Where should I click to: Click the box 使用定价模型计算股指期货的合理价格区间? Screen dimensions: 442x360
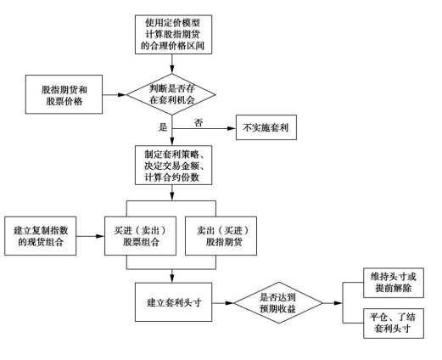tap(173, 35)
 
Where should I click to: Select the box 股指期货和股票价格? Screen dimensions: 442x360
tap(64, 94)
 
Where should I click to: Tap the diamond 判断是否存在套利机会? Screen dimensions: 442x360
tap(171, 94)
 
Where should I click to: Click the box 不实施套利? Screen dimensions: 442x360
tap(266, 127)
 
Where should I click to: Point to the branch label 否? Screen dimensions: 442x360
tap(199, 123)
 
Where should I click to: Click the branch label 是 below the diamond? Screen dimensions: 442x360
tap(163, 127)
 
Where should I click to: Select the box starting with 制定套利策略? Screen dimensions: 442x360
tap(173, 166)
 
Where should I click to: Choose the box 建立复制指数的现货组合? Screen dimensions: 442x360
tap(40, 236)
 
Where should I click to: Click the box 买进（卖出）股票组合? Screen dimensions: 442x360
tap(140, 236)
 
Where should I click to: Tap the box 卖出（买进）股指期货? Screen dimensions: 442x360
tap(221, 236)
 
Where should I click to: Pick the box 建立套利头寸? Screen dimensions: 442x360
tap(173, 302)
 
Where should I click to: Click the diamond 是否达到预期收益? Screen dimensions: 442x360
tap(278, 302)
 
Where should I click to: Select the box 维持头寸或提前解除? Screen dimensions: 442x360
tap(394, 283)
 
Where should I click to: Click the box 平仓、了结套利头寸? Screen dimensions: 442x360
tap(394, 323)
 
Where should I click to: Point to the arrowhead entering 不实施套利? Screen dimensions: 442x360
tap(232, 128)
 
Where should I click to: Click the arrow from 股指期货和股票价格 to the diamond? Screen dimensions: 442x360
tap(114, 94)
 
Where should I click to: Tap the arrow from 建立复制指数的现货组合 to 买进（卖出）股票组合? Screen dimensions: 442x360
tap(91, 236)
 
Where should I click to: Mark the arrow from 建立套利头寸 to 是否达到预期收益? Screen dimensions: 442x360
tap(223, 303)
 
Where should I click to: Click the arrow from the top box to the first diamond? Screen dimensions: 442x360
tap(172, 64)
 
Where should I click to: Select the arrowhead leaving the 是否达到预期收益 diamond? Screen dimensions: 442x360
tap(338, 303)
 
